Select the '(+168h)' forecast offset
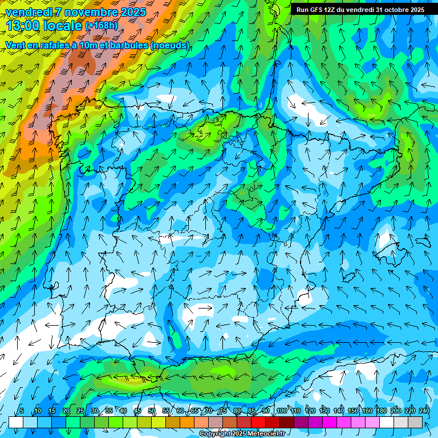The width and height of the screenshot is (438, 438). pyautogui.click(x=101, y=26)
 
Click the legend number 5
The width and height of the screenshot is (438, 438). pyautogui.click(x=22, y=411)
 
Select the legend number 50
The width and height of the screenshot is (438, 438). pyautogui.click(x=152, y=411)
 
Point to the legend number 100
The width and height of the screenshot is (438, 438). pyautogui.click(x=281, y=411)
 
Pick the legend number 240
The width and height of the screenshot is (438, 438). pyautogui.click(x=424, y=411)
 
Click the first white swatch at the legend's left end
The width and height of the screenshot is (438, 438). pyautogui.click(x=15, y=422)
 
